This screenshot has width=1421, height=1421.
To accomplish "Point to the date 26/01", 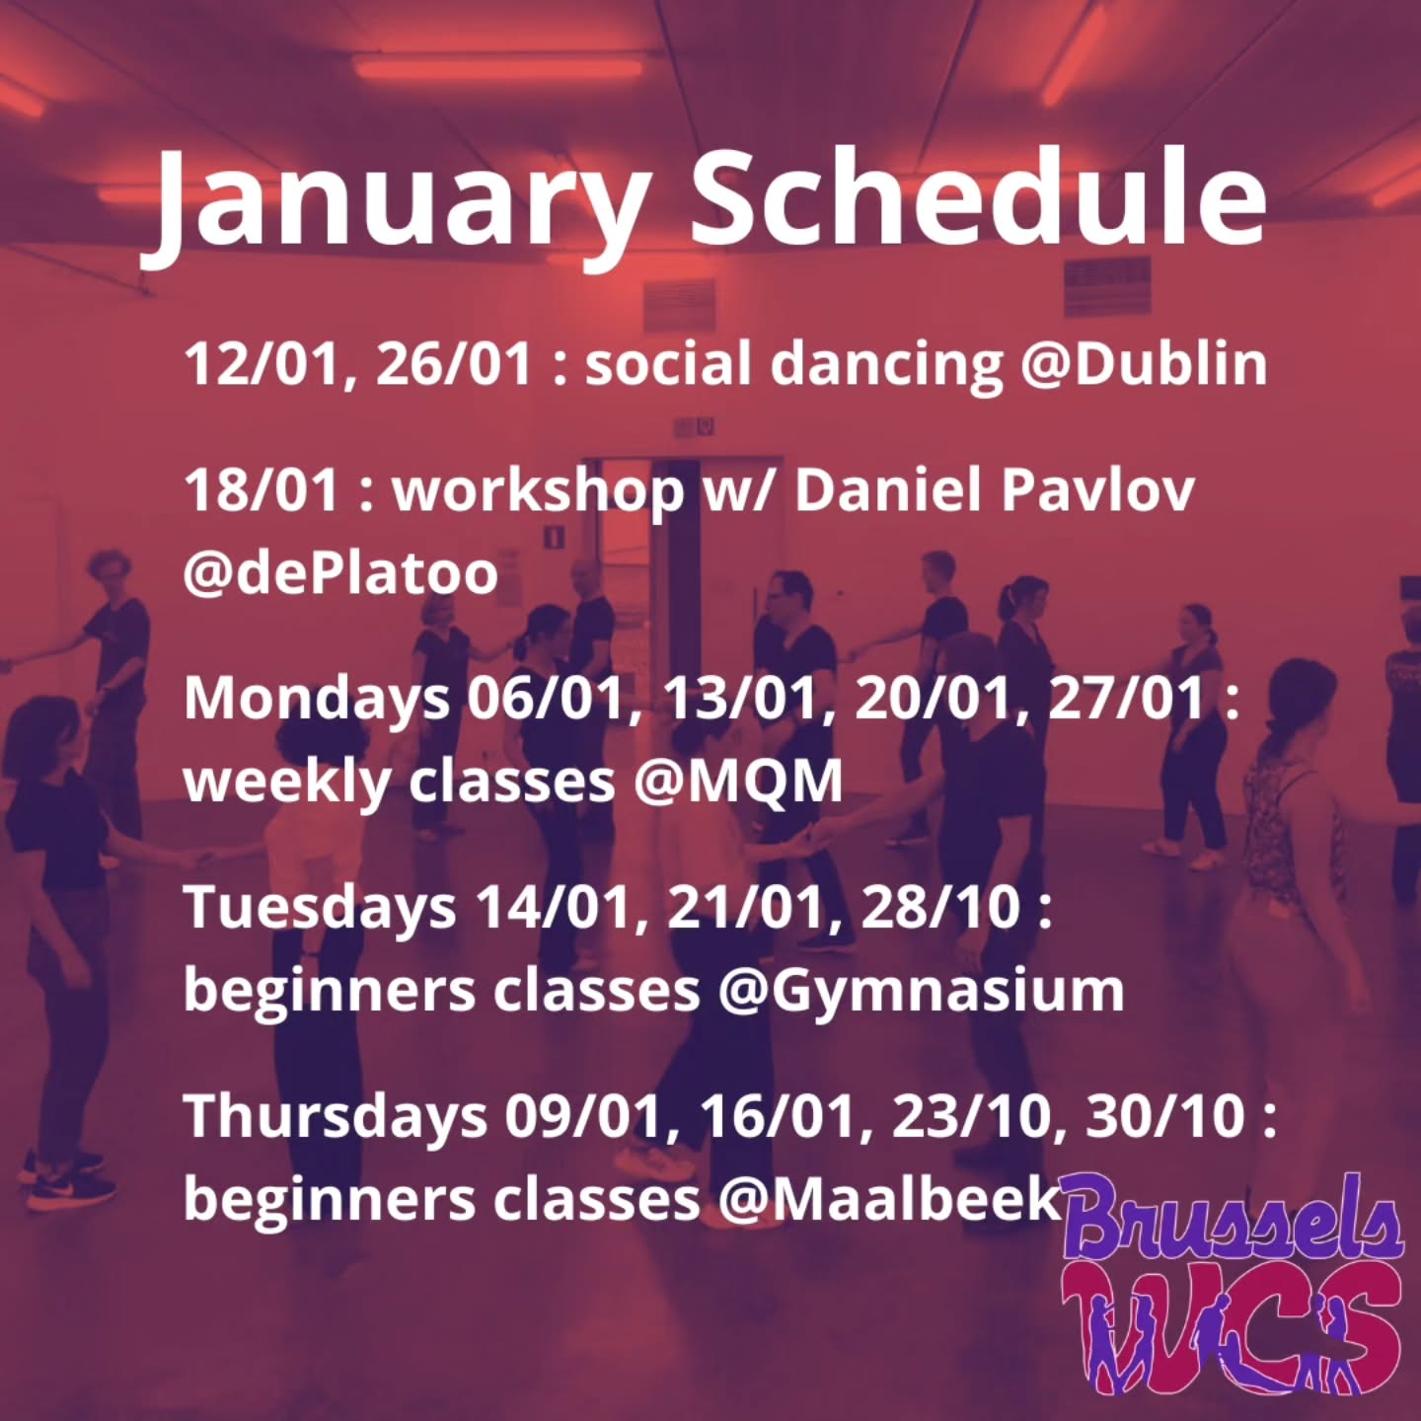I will coord(454,363).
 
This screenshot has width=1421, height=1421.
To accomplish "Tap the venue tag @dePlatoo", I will coord(340,573).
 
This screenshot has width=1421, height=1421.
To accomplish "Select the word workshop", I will coord(539,491).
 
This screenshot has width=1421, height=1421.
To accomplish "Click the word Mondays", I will coord(316,700).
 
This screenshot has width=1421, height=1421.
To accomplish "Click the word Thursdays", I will coord(335,1116).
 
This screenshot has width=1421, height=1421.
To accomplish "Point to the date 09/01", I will coord(582,1116).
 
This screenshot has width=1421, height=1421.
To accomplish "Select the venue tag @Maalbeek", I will coord(888,1199).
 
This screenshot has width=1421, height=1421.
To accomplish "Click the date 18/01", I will coord(262,489).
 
